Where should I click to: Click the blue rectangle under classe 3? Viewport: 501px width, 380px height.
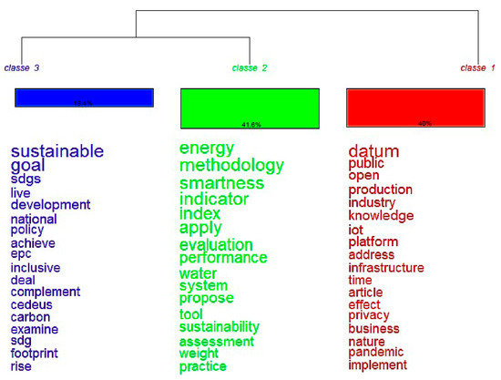pyautogui.click(x=83, y=98)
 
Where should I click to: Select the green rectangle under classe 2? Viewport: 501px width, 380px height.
pyautogui.click(x=250, y=108)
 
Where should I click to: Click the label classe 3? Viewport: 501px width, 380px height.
pyautogui.click(x=22, y=68)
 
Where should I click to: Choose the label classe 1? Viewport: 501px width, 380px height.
pyautogui.click(x=478, y=68)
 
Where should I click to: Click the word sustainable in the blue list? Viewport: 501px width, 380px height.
pyautogui.click(x=57, y=151)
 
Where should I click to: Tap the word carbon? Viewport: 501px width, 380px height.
pyautogui.click(x=30, y=317)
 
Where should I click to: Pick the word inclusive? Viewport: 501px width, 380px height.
pyautogui.click(x=36, y=268)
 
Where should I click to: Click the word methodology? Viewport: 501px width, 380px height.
pyautogui.click(x=231, y=166)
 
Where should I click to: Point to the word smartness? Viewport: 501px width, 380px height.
pyautogui.click(x=221, y=183)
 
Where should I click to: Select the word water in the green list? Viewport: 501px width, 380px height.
pyautogui.click(x=198, y=273)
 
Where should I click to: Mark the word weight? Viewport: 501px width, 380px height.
pyautogui.click(x=199, y=353)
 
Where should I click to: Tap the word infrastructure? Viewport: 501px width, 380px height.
pyautogui.click(x=386, y=268)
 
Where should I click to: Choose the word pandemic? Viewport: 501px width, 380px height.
pyautogui.click(x=375, y=352)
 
